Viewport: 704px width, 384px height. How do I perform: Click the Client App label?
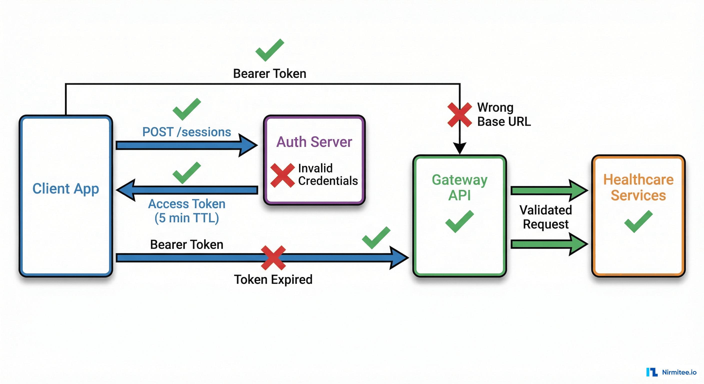[65, 189]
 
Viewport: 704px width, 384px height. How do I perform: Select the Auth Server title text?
[314, 142]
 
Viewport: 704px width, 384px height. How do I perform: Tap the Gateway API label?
[459, 187]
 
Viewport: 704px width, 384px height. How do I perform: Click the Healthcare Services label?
[638, 187]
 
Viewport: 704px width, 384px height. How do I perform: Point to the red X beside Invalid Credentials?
[282, 175]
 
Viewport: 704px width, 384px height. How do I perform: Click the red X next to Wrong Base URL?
[459, 114]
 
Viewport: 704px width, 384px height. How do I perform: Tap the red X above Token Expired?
[273, 257]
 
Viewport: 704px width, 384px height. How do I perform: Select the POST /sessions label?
[187, 132]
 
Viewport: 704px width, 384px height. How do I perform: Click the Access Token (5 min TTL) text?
[187, 211]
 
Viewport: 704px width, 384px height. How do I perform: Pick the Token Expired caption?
[273, 279]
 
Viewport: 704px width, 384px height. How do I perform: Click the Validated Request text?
[545, 217]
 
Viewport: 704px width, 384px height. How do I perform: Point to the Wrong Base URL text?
[503, 114]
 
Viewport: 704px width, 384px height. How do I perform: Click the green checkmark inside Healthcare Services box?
[638, 221]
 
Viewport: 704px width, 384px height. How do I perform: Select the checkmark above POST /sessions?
[187, 109]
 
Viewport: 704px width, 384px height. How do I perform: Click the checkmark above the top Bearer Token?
[269, 50]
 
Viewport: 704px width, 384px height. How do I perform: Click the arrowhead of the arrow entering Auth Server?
[247, 145]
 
